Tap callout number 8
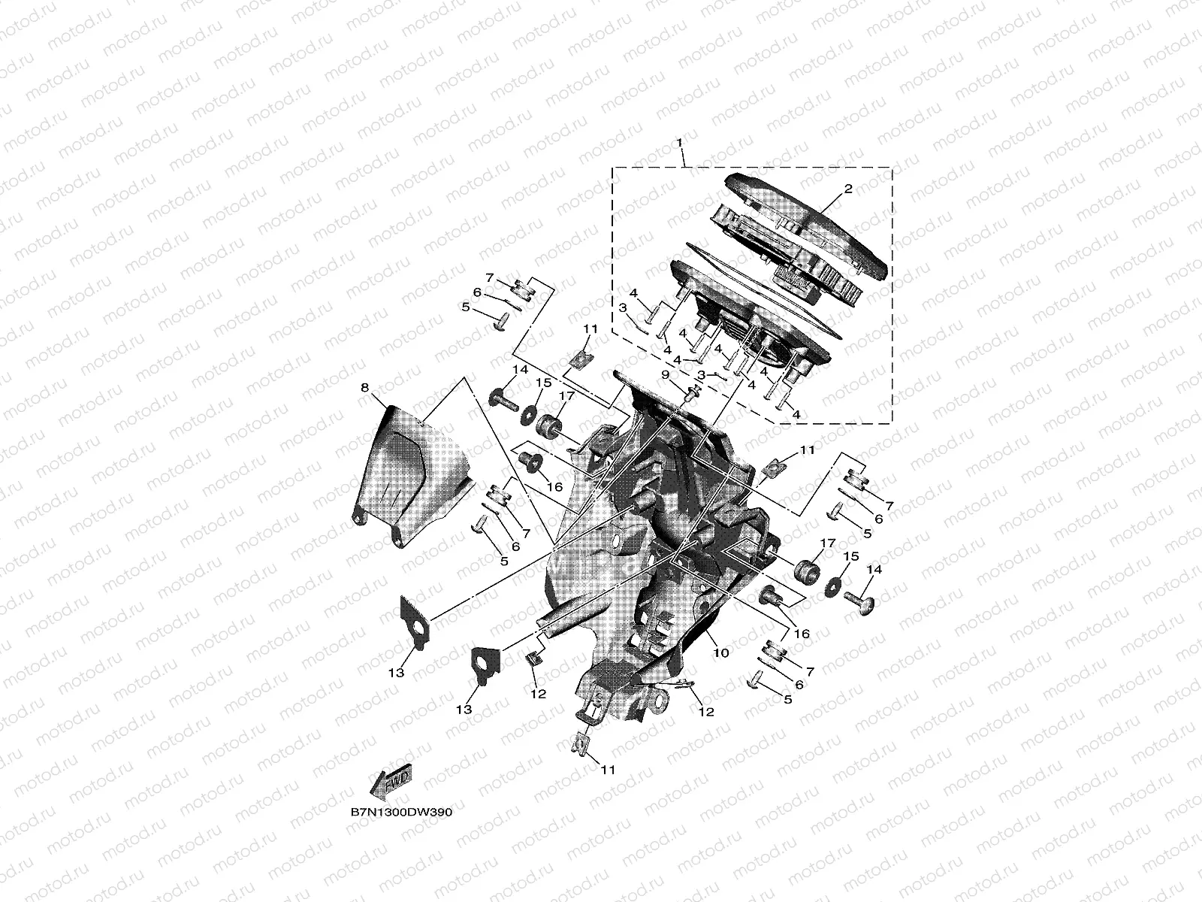(365, 388)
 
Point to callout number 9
(665, 374)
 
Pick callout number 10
(721, 653)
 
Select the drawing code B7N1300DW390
(400, 813)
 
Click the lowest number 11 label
(609, 770)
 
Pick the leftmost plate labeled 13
(415, 619)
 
